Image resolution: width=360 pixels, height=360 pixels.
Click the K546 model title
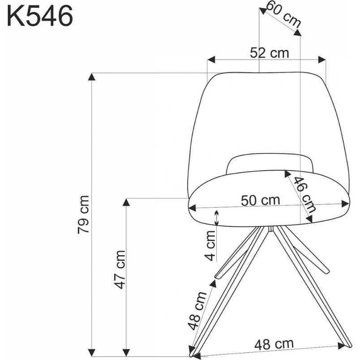point(40,17)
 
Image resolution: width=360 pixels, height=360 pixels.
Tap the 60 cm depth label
point(283,14)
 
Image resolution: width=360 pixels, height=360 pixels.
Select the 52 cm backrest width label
point(269,53)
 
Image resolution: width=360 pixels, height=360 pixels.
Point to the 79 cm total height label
point(83,214)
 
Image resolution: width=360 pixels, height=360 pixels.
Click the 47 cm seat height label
point(120,269)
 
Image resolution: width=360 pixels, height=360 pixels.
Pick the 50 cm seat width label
point(261,200)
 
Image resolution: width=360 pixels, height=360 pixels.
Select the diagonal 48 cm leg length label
point(197,310)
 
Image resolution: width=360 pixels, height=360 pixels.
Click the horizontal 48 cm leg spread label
point(274,344)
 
